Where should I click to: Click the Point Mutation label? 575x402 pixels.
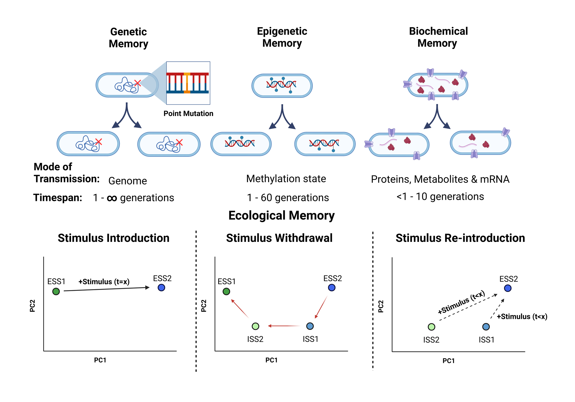188,113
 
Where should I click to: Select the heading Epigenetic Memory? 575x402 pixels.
282,37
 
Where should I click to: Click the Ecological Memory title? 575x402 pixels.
281,215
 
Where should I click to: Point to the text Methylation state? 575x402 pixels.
286,179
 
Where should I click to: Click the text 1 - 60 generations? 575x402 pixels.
287,198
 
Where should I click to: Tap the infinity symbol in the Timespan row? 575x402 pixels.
112,198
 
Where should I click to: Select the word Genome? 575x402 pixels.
127,181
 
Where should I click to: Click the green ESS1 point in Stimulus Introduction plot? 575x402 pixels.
56,292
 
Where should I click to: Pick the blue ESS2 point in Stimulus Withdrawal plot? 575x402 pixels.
332,288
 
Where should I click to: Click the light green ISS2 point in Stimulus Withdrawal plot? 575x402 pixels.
255,326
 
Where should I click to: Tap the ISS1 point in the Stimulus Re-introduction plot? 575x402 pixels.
486,327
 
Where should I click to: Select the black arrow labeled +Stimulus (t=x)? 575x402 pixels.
106,289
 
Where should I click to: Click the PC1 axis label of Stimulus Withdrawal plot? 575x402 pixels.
271,360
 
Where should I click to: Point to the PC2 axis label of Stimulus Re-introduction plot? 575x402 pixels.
381,306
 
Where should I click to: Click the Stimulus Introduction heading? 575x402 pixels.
113,238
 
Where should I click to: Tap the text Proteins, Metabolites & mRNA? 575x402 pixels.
440,179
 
